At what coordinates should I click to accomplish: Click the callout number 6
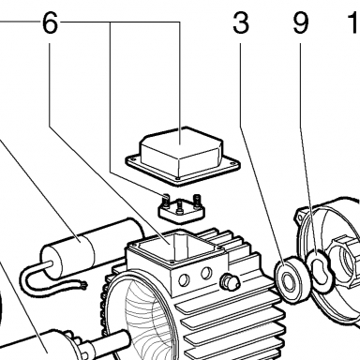click(x=50, y=23)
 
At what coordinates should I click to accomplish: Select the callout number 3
click(x=241, y=23)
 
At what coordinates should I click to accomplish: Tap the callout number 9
click(x=301, y=23)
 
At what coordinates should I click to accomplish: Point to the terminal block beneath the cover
click(x=181, y=210)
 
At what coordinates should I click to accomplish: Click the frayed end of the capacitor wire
click(x=83, y=284)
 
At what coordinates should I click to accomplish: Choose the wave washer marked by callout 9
click(x=320, y=271)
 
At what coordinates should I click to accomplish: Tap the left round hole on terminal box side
click(x=184, y=280)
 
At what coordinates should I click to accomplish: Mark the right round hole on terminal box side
click(x=206, y=274)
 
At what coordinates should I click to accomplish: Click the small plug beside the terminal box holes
click(x=231, y=281)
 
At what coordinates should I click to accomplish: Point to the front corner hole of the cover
click(x=178, y=179)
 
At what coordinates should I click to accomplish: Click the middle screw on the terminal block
click(x=180, y=208)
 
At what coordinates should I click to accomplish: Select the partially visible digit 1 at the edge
click(x=354, y=23)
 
